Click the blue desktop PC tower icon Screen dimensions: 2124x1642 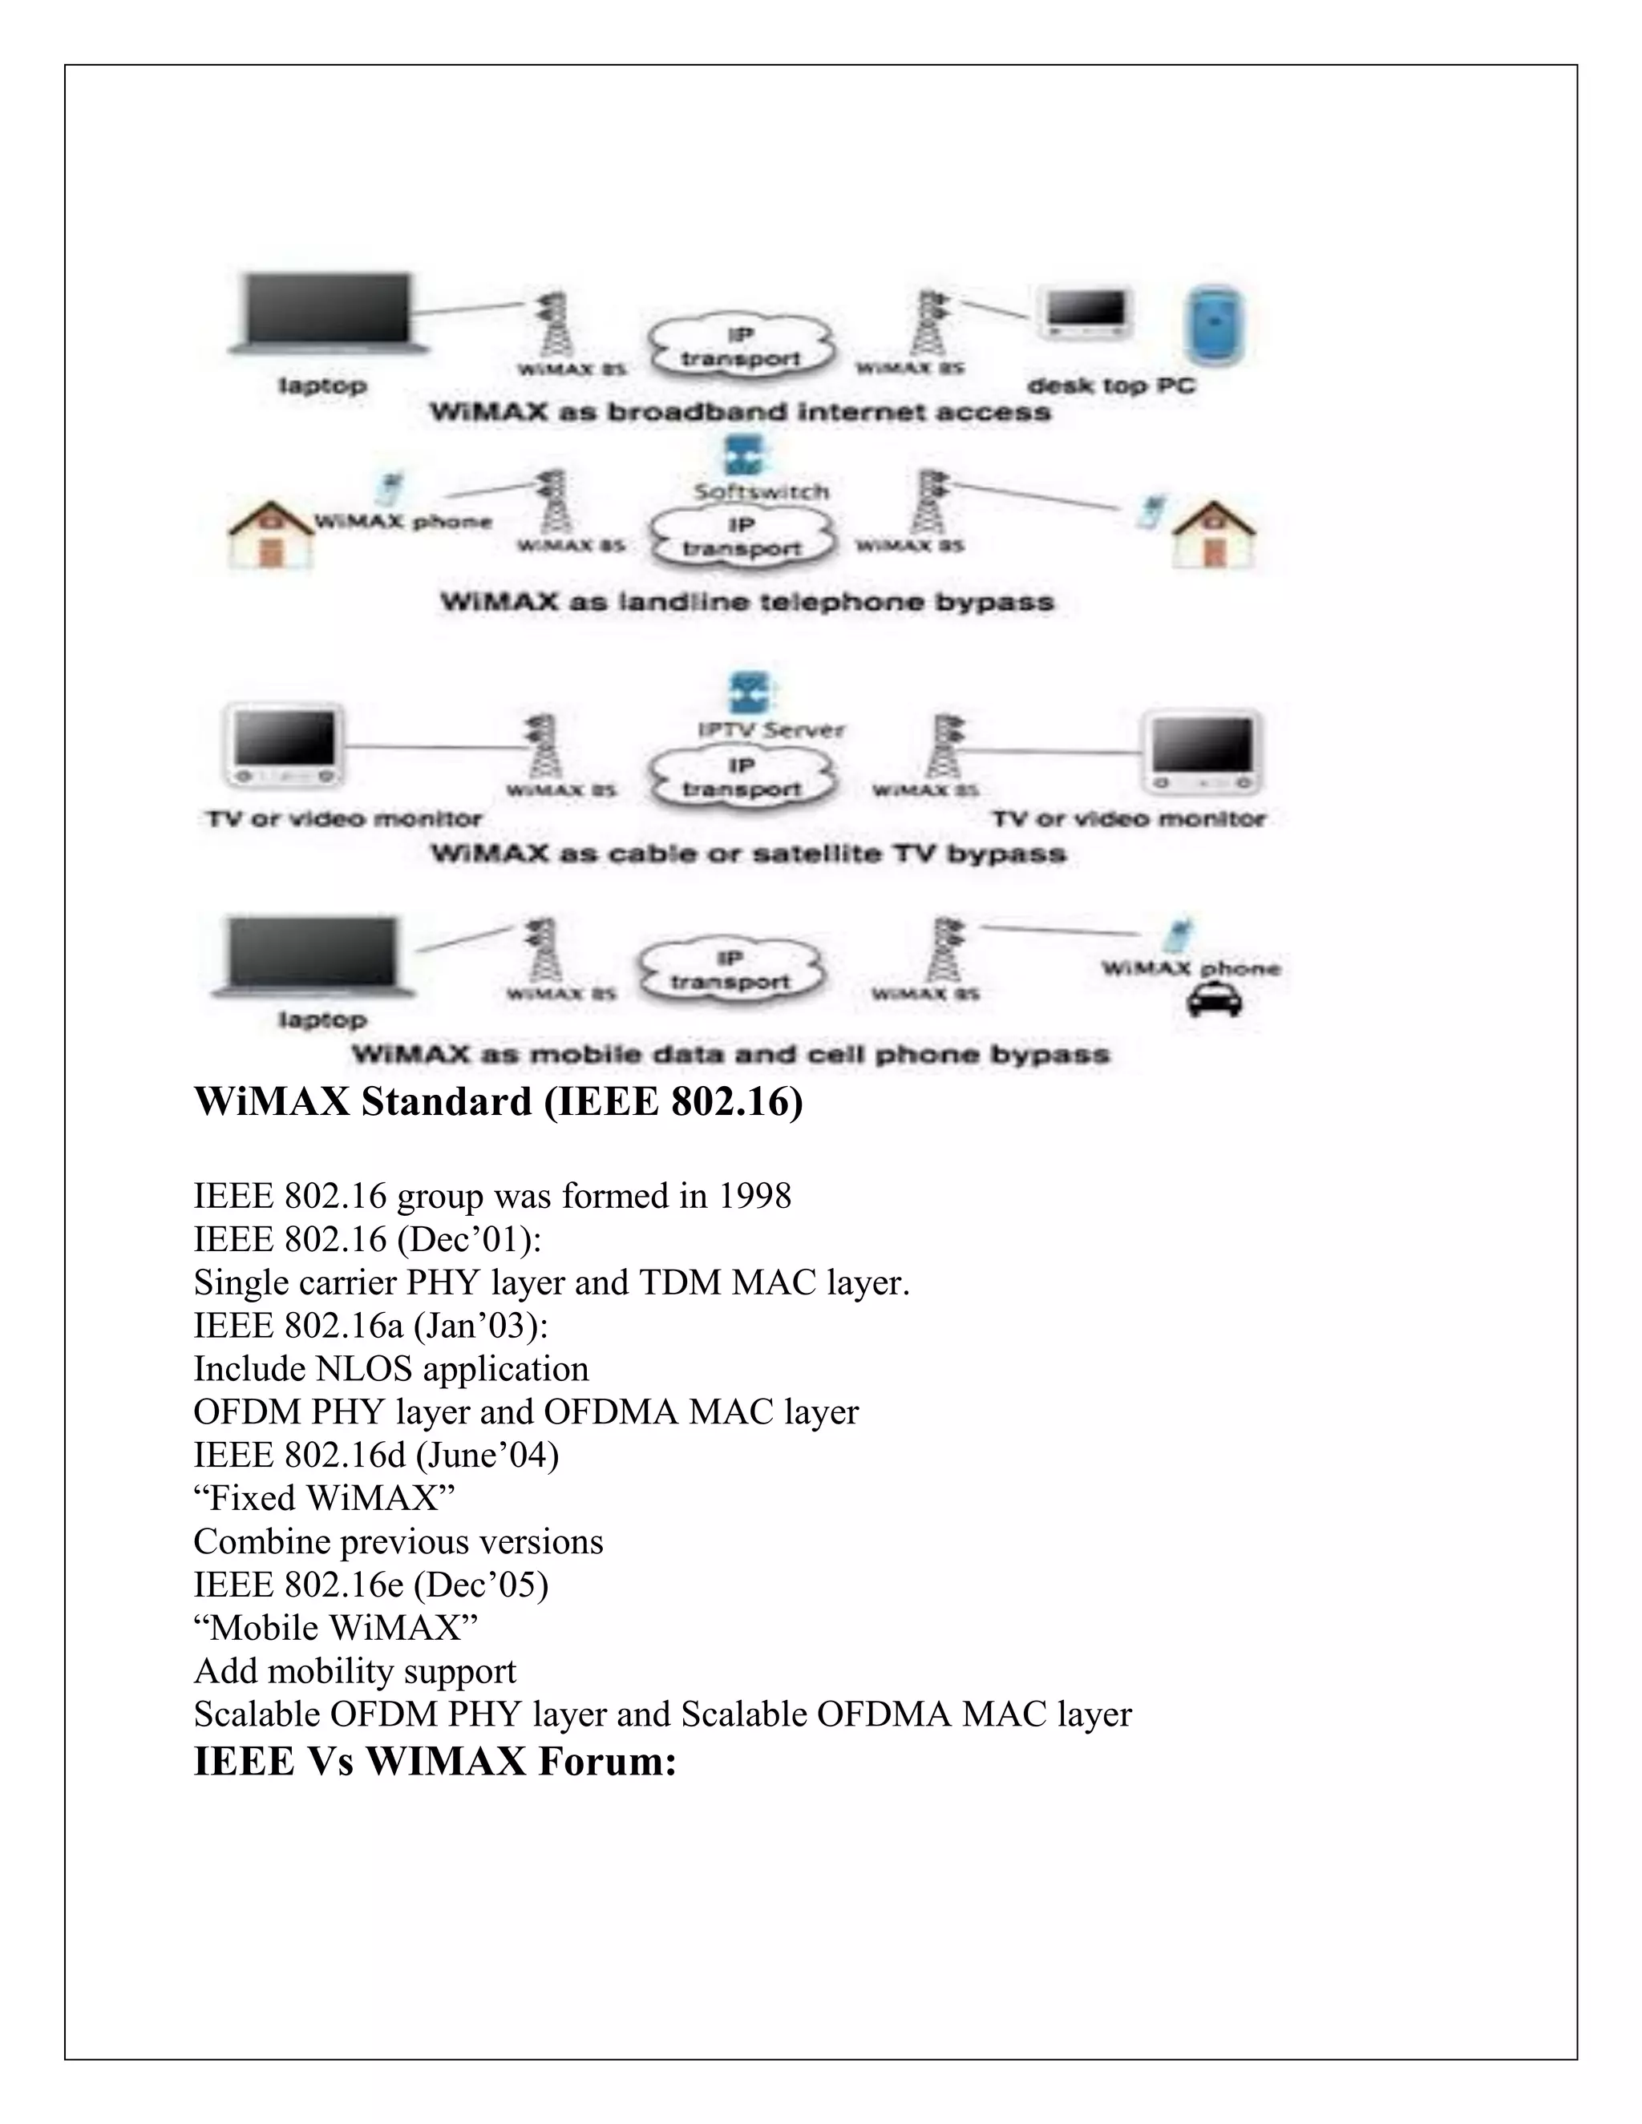pyautogui.click(x=1213, y=328)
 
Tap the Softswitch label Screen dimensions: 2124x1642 pyautogui.click(x=761, y=492)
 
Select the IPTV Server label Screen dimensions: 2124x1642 pyautogui.click(x=771, y=730)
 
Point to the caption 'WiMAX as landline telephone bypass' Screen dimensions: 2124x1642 pyautogui.click(x=747, y=602)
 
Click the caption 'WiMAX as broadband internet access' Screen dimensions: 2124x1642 pyautogui.click(x=740, y=412)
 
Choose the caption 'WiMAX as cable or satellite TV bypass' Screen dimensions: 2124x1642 pyautogui.click(x=749, y=854)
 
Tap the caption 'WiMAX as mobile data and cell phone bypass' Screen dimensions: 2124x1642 pyautogui.click(x=730, y=1054)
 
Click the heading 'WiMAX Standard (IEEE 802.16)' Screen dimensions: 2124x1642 pyautogui.click(x=498, y=1102)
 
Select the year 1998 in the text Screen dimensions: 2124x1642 pyautogui.click(x=754, y=1196)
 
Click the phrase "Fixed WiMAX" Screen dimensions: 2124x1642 pyautogui.click(x=324, y=1499)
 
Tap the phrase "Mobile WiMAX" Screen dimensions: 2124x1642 pyautogui.click(x=336, y=1628)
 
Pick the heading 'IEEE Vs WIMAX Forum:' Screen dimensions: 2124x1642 pyautogui.click(x=435, y=1761)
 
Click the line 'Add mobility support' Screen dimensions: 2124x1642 pyautogui.click(x=355, y=1671)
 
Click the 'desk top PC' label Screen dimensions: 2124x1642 pyautogui.click(x=1111, y=386)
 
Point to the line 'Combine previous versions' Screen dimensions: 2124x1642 pyautogui.click(x=398, y=1541)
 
